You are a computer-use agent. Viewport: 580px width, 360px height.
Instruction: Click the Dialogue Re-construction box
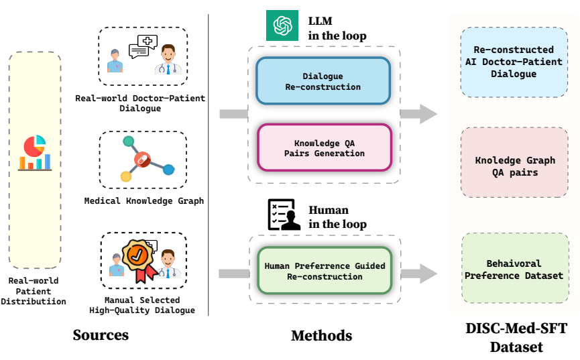point(323,81)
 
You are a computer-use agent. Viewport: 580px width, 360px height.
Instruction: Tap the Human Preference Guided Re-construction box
point(325,271)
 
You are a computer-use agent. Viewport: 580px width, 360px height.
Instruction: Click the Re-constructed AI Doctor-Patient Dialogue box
point(514,62)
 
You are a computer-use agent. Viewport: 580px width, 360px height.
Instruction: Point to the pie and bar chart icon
point(34,153)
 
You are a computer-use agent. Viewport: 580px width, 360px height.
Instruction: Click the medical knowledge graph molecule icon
point(143,159)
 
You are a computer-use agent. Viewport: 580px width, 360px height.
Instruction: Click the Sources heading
point(101,335)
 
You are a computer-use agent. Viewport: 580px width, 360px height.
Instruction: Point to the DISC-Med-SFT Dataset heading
point(516,338)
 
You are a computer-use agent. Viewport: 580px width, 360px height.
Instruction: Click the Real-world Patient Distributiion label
point(34,291)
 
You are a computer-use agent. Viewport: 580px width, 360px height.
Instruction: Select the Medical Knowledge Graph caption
point(143,200)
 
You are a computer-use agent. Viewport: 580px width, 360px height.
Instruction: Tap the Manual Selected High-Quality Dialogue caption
point(142,305)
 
